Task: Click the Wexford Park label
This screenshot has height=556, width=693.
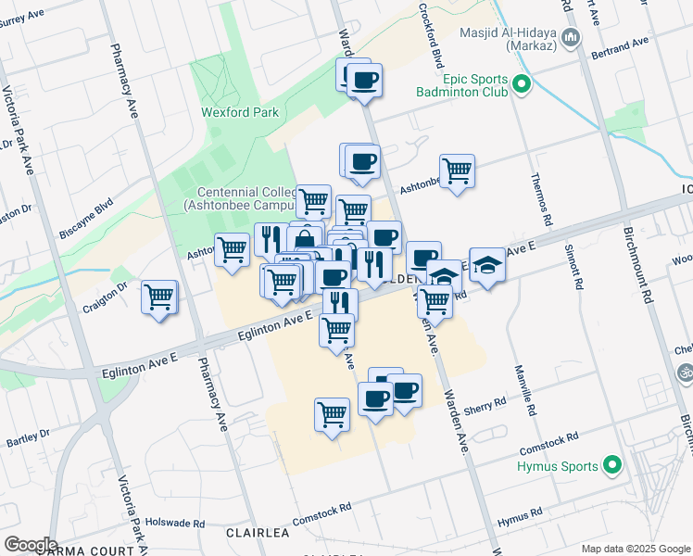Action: [240, 112]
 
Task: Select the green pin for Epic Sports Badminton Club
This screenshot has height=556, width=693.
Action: [521, 85]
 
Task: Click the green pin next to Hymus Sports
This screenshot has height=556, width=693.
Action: [611, 464]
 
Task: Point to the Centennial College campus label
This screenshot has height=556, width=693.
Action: [240, 197]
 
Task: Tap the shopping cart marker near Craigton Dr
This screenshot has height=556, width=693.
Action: [159, 297]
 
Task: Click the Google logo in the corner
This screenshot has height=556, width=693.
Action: [30, 545]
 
